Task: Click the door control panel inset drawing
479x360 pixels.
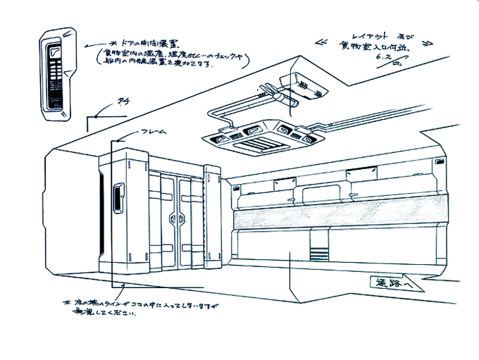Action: [x=57, y=70]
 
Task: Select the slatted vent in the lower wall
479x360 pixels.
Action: [x=318, y=250]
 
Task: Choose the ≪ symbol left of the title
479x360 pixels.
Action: [x=323, y=40]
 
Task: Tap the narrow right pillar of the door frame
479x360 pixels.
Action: [x=212, y=215]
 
